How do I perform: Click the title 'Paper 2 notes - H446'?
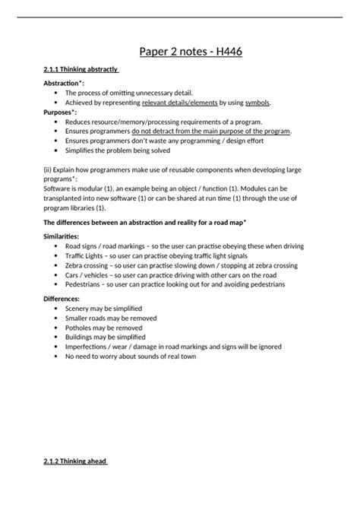click(191, 52)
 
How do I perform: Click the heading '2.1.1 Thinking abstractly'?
click(81, 70)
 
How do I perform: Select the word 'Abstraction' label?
click(62, 82)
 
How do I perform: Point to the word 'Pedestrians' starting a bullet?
click(85, 284)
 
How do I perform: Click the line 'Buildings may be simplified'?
click(107, 337)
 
